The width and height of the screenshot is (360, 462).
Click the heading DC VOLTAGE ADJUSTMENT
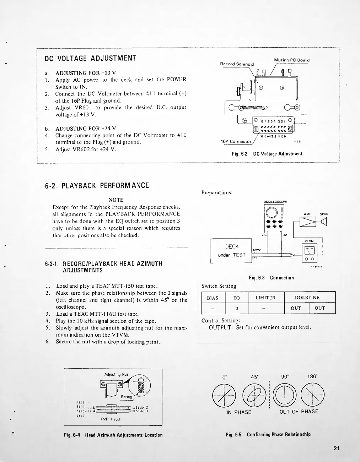point(90,58)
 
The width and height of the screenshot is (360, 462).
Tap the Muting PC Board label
point(292,60)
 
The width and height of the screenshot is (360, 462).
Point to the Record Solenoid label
point(237,64)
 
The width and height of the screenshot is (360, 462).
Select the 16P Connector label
point(236,141)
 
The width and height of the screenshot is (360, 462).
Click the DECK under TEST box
point(231,251)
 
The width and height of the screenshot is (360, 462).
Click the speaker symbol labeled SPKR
point(324,222)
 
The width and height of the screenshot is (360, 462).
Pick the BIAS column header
point(213,298)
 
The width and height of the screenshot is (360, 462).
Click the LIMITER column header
point(265,298)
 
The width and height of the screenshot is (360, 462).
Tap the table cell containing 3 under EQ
point(236,308)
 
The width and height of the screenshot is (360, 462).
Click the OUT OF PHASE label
point(299,412)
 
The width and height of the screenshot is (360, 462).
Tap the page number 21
point(337,448)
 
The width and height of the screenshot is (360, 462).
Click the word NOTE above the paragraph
point(116,200)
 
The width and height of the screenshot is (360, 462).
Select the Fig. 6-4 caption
point(113,435)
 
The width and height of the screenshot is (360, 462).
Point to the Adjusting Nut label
point(116,374)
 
